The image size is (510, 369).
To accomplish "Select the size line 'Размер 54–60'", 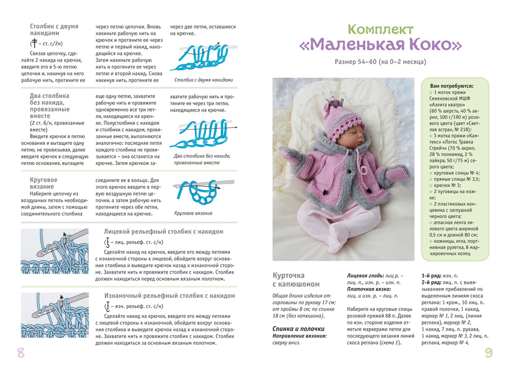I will (x=380, y=63).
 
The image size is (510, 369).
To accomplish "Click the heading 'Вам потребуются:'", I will (x=452, y=86).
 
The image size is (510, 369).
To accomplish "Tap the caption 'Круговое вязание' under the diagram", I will (x=193, y=213).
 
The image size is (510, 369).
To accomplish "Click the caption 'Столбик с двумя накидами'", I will (x=203, y=80).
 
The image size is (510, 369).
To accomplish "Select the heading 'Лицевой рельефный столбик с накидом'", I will (x=164, y=231).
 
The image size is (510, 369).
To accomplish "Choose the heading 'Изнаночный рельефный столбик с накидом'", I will (x=169, y=296).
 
